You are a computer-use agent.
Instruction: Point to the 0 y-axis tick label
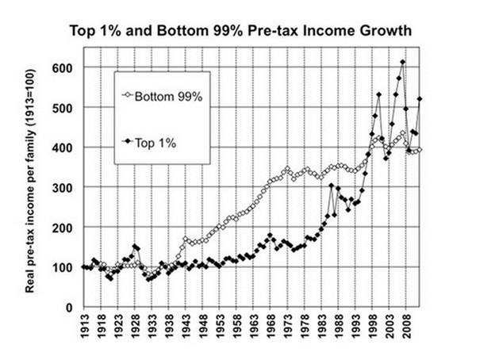pyautogui.click(x=70, y=307)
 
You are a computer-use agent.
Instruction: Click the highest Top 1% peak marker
pyautogui.click(x=403, y=62)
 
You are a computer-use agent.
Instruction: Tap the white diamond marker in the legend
pyautogui.click(x=130, y=98)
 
